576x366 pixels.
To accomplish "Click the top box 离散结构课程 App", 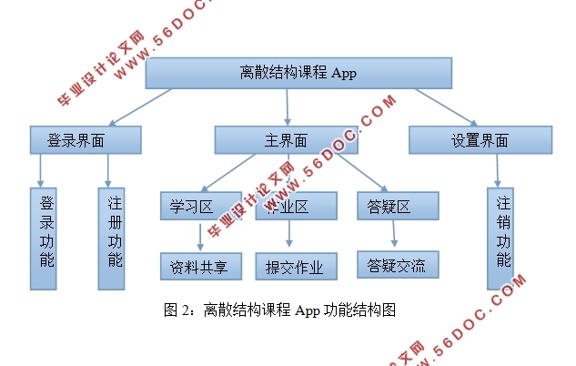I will tap(298, 73).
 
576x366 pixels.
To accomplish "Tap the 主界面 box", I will tap(286, 140).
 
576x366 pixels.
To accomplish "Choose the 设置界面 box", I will tap(480, 140).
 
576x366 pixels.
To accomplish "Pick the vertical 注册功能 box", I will tap(110, 239).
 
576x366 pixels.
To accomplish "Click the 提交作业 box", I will tap(296, 266).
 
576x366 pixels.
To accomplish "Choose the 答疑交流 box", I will tap(397, 265).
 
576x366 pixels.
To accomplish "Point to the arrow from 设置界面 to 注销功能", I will tap(498, 171).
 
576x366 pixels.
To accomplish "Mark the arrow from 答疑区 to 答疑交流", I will tap(393, 235).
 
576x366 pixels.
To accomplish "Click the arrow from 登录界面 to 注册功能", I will tap(108, 171).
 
